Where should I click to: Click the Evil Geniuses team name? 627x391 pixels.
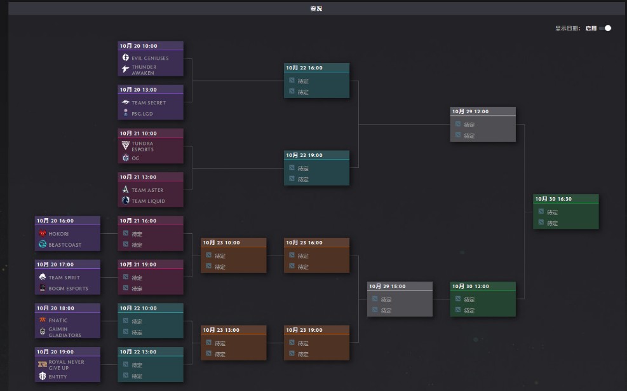pyautogui.click(x=150, y=58)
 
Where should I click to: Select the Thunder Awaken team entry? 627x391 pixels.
pyautogui.click(x=144, y=69)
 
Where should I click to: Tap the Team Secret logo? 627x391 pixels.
pyautogui.click(x=125, y=102)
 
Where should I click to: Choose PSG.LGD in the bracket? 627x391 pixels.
pyautogui.click(x=142, y=114)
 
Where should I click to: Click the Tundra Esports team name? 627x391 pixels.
pyautogui.click(x=142, y=146)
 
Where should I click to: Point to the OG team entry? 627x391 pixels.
pyautogui.click(x=135, y=158)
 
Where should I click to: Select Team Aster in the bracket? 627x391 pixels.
pyautogui.click(x=147, y=190)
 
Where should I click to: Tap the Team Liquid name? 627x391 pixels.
pyautogui.click(x=148, y=201)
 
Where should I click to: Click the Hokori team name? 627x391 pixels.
pyautogui.click(x=58, y=234)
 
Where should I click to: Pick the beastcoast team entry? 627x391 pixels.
pyautogui.click(x=65, y=245)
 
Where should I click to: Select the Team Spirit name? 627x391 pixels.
pyautogui.click(x=65, y=278)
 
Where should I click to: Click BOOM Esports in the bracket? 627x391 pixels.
pyautogui.click(x=69, y=289)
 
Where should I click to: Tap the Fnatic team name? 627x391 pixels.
pyautogui.click(x=58, y=320)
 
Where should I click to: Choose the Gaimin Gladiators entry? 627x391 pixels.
pyautogui.click(x=65, y=332)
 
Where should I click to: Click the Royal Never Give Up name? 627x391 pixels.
pyautogui.click(x=66, y=365)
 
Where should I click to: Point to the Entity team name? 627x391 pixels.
pyautogui.click(x=58, y=376)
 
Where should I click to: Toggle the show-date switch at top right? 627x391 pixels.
pyautogui.click(x=605, y=28)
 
